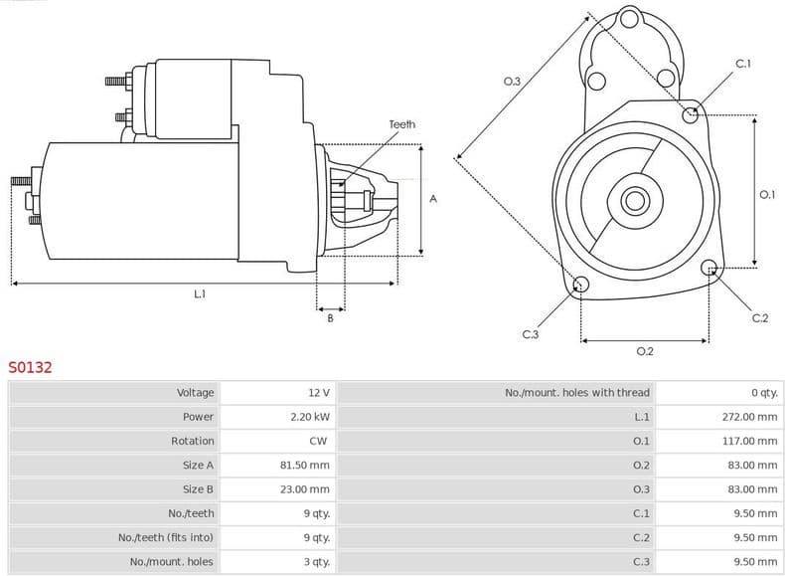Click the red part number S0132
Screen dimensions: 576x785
[x=30, y=367]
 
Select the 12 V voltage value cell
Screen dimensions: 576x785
[x=318, y=393]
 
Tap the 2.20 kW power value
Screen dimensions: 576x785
[x=309, y=417]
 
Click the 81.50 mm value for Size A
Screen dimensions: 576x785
[x=305, y=465]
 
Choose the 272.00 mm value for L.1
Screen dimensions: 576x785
[x=749, y=417]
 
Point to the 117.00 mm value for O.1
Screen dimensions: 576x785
[x=749, y=441]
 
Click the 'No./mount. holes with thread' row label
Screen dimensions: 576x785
[x=577, y=393]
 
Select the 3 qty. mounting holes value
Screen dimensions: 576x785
[x=317, y=562]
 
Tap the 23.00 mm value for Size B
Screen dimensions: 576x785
[x=305, y=489]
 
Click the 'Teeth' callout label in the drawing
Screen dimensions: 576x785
[x=401, y=124]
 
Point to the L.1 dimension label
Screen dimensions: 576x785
[x=200, y=293]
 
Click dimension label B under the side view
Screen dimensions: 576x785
[x=330, y=317]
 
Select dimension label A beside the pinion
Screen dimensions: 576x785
[x=432, y=199]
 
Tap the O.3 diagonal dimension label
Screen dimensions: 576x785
[x=513, y=82]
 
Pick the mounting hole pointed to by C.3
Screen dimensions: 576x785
[x=581, y=287]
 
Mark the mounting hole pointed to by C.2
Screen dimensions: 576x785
[x=708, y=268]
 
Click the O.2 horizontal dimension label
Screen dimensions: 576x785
[x=644, y=351]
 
